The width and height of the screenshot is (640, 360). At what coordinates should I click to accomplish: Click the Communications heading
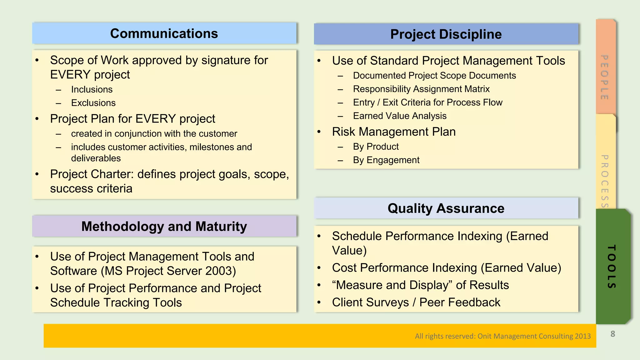(x=164, y=33)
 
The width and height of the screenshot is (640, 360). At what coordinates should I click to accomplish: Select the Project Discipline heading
(x=446, y=34)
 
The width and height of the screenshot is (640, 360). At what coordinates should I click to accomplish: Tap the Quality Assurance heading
(x=446, y=208)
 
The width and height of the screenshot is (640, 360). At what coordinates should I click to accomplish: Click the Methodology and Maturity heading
(x=164, y=227)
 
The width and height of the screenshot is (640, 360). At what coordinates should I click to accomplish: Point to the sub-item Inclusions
(x=92, y=89)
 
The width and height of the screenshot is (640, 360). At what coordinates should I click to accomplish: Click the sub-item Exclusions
(x=93, y=103)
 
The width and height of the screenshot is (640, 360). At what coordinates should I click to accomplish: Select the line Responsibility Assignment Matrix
(x=421, y=89)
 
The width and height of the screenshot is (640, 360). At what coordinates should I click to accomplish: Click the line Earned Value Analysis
(x=399, y=116)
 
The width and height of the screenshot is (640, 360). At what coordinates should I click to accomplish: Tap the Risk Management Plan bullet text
(x=393, y=132)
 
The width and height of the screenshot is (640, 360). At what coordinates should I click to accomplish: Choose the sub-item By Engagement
(x=386, y=160)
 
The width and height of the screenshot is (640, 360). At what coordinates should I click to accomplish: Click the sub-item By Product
(x=376, y=147)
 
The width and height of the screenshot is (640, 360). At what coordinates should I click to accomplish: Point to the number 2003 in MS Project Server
(x=218, y=271)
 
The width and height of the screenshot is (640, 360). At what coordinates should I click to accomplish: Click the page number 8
(x=612, y=334)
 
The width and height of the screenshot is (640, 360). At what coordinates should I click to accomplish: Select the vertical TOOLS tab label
(x=611, y=267)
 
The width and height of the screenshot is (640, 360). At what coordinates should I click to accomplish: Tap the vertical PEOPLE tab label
(x=605, y=77)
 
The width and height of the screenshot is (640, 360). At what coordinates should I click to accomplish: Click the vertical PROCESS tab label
(x=605, y=181)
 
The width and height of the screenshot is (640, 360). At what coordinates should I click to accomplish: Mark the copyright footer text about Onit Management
(x=502, y=336)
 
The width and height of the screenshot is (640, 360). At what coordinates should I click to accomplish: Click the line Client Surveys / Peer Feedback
(x=416, y=302)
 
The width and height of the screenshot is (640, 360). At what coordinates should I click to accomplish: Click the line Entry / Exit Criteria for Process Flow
(x=427, y=102)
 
